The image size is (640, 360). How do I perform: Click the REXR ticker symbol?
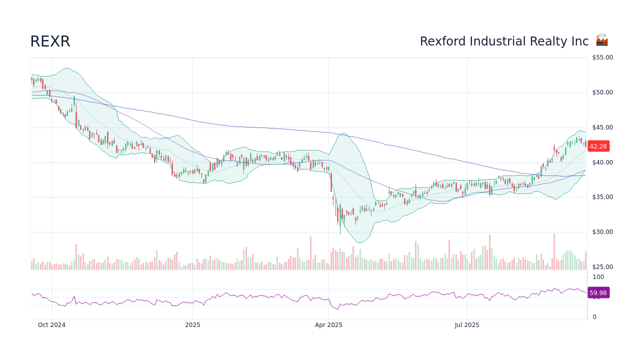click(x=50, y=41)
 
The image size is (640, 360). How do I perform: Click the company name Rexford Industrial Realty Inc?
click(x=504, y=41)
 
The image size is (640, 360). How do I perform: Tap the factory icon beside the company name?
click(x=601, y=40)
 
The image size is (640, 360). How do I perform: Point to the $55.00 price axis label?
click(x=602, y=57)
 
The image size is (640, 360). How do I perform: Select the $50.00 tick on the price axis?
click(x=602, y=92)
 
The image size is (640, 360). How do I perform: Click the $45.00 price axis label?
click(x=602, y=127)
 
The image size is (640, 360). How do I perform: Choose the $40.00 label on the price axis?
click(x=602, y=162)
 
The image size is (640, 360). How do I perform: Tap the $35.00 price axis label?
click(x=602, y=197)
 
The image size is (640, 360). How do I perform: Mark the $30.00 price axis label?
click(x=602, y=232)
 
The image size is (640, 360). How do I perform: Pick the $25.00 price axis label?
click(x=602, y=267)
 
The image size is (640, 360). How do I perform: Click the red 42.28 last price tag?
click(x=598, y=146)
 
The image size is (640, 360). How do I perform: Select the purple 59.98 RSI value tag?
click(x=598, y=293)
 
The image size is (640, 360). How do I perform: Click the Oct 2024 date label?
click(x=51, y=325)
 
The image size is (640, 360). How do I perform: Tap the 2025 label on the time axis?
click(x=192, y=325)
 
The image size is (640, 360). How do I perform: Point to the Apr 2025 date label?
click(x=328, y=325)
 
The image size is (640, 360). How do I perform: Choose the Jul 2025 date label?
click(x=467, y=325)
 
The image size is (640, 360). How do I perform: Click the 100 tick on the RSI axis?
click(x=598, y=277)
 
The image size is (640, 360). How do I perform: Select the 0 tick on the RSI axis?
click(x=594, y=317)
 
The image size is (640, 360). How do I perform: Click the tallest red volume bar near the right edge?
click(x=553, y=251)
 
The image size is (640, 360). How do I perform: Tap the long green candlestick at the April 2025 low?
click(x=340, y=220)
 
